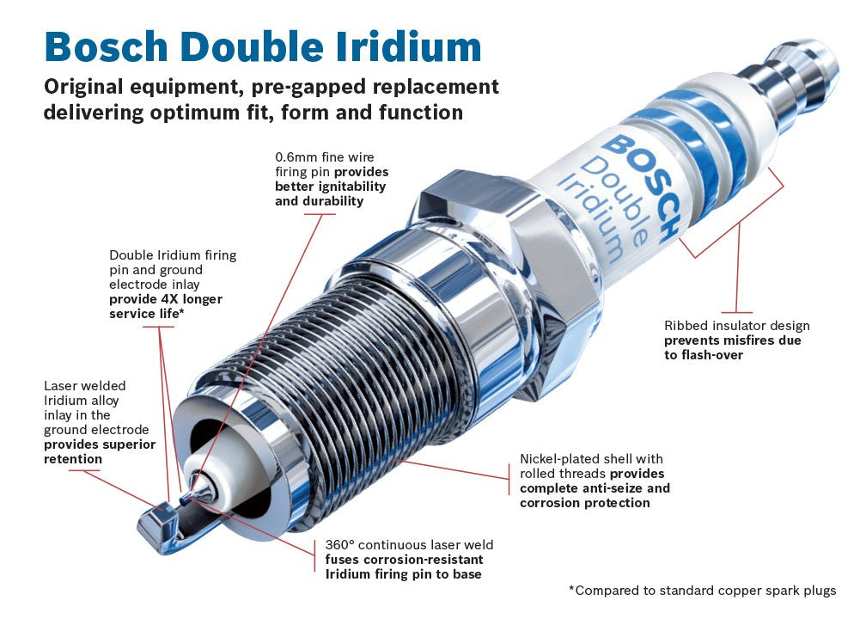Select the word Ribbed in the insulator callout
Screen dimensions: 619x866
[685, 326]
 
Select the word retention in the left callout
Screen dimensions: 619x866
[73, 459]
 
